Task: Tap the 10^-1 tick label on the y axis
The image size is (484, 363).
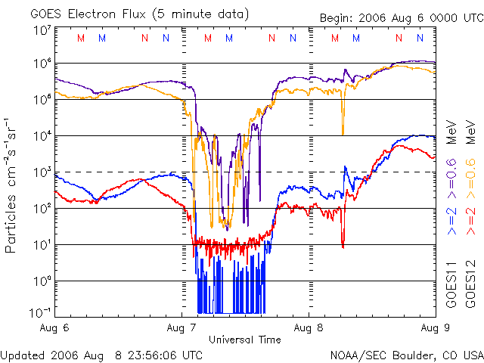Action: tap(39, 313)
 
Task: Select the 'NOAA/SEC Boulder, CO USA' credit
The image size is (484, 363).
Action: tap(406, 355)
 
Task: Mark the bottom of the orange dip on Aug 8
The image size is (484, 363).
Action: tap(343, 134)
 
